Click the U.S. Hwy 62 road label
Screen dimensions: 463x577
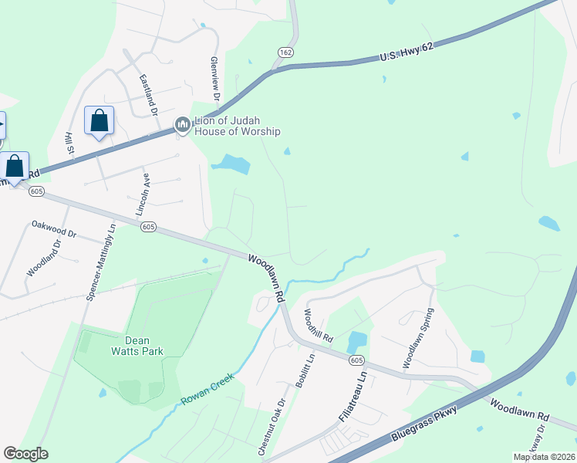point(407,52)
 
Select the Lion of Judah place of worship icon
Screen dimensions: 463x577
point(183,123)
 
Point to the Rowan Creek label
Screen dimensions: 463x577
point(208,390)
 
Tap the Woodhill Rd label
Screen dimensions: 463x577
point(317,326)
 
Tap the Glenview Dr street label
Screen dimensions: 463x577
point(214,79)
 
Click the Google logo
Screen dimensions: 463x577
point(25,454)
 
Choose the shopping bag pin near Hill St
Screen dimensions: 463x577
point(99,121)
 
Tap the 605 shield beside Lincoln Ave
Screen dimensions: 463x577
point(149,227)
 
